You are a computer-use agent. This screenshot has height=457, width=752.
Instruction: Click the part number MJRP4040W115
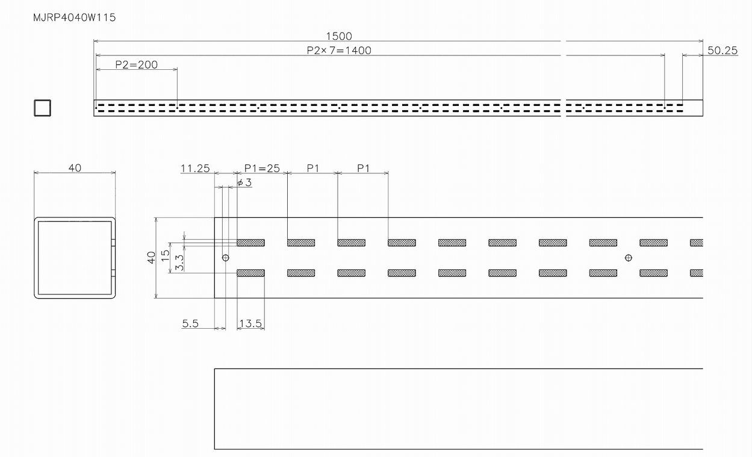tap(74, 17)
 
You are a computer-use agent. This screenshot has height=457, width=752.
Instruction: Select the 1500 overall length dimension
tap(339, 36)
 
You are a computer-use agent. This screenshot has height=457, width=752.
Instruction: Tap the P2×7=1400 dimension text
tap(339, 51)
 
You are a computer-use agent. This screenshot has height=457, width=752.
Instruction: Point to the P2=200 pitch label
tap(136, 64)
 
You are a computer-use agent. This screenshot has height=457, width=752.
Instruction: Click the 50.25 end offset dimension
tap(722, 51)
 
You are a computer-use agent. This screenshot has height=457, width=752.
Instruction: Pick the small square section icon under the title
tap(42, 108)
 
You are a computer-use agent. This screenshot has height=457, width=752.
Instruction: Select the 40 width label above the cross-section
tap(75, 168)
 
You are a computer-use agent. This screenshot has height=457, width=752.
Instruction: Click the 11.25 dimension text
tap(195, 168)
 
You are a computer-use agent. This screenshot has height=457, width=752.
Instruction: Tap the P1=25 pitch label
tap(262, 168)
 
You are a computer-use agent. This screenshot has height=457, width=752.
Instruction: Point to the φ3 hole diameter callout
tap(244, 182)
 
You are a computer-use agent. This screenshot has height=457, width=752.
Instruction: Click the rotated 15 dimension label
tap(165, 255)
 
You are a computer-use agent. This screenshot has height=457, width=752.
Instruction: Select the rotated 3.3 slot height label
tap(179, 263)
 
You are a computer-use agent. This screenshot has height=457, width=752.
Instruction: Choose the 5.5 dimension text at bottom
tap(190, 323)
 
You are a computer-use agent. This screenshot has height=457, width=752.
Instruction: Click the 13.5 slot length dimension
tap(250, 323)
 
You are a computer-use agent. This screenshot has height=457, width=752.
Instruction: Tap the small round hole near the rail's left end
tap(226, 258)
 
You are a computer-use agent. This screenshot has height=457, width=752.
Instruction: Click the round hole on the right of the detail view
tap(629, 258)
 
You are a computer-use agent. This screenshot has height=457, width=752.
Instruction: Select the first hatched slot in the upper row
tap(251, 243)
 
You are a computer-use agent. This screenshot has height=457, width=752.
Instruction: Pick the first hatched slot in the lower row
tap(251, 273)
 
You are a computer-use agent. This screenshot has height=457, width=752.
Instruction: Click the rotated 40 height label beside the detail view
tap(151, 258)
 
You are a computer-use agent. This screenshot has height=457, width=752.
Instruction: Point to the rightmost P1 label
tap(363, 168)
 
